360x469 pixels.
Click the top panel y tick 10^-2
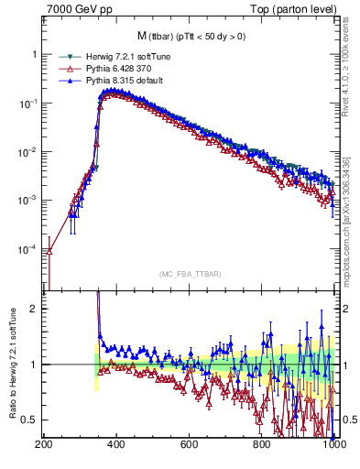29,152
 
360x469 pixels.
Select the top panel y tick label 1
35,55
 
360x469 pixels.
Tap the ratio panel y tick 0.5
30,420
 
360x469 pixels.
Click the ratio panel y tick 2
35,309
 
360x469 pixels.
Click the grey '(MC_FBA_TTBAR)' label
190,274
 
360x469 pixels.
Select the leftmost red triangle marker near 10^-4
50,250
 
